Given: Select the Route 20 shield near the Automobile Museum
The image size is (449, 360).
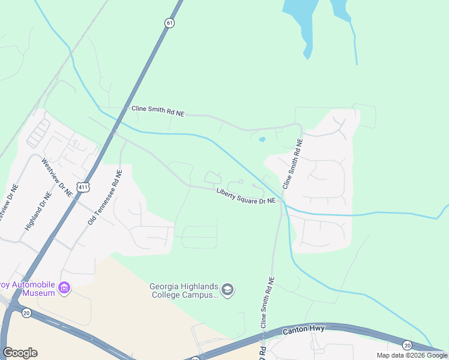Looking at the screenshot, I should pos(26,313).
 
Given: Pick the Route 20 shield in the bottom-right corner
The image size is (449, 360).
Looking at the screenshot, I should pos(408,344).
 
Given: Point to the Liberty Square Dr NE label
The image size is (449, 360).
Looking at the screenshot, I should pos(246,195).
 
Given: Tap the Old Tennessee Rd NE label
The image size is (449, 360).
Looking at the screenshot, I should pos(105,197).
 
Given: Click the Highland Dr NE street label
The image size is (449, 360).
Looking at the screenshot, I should pos(36,212).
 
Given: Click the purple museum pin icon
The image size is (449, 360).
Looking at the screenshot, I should pos(64,289).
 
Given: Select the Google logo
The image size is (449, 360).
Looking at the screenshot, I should pos(20,353).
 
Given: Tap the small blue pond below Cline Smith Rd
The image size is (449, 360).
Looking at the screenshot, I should pos(262,140).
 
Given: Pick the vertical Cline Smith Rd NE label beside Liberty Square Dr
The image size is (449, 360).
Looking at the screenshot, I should pos(292,164).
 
